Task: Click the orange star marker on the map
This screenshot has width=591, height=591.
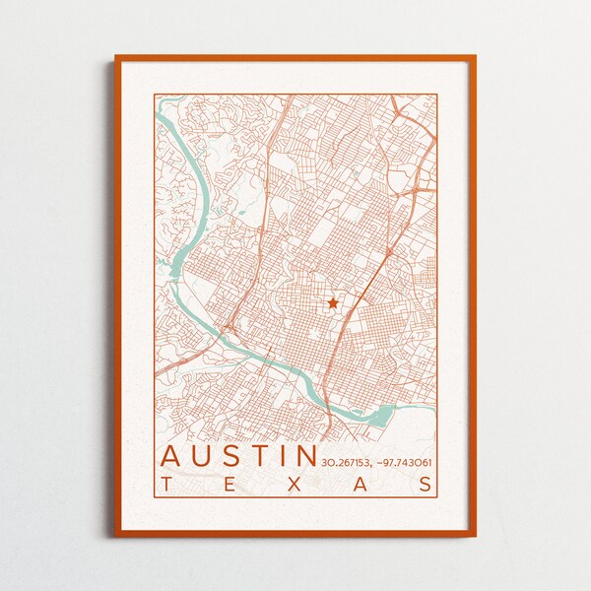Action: coord(333,303)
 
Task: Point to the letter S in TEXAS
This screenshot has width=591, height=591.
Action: coord(425,484)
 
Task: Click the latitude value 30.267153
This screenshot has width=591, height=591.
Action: coord(344,462)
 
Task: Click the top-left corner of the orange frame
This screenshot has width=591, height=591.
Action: coord(115,56)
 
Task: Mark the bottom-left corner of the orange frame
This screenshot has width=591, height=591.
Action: coord(115,535)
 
